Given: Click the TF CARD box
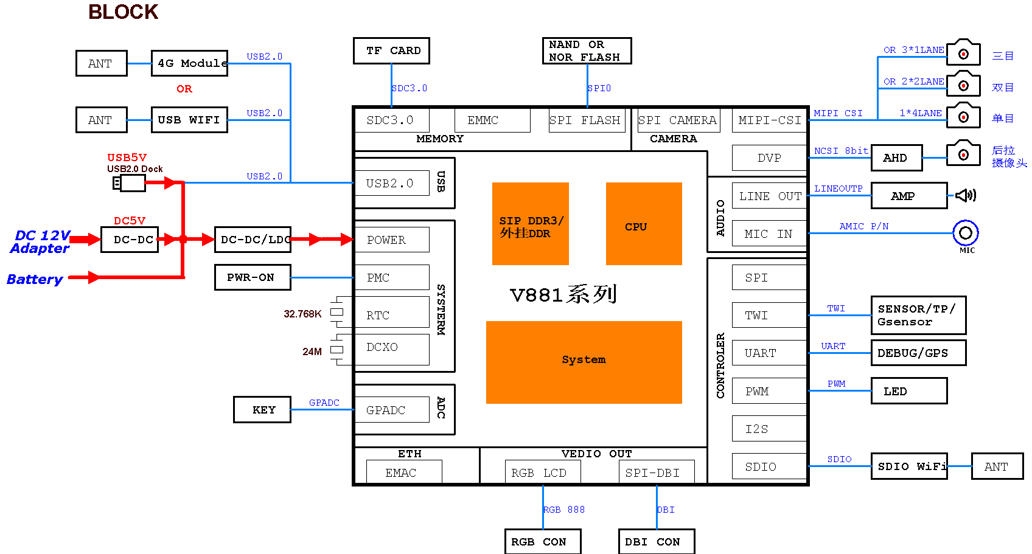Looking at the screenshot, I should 391,50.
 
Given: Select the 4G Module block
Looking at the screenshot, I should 189,63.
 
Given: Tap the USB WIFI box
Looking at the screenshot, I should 189,120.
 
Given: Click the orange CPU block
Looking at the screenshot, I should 644,224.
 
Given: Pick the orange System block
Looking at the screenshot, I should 584,362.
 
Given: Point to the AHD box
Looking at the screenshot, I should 896,158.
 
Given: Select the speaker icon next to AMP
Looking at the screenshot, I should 966,195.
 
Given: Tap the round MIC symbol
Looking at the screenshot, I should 966,233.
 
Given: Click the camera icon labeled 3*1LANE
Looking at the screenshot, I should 964,54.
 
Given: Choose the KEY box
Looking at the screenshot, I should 262,410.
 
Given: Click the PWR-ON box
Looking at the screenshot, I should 253,277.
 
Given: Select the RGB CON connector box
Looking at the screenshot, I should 543,541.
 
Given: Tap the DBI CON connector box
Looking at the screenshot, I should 656,541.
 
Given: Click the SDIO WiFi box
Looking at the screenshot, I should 909,466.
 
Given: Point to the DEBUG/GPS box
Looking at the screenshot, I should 918,353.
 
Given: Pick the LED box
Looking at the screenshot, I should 908,391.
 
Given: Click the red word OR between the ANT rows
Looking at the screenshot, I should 184,89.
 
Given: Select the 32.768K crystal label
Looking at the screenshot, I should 302,314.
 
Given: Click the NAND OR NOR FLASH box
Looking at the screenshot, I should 587,51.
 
